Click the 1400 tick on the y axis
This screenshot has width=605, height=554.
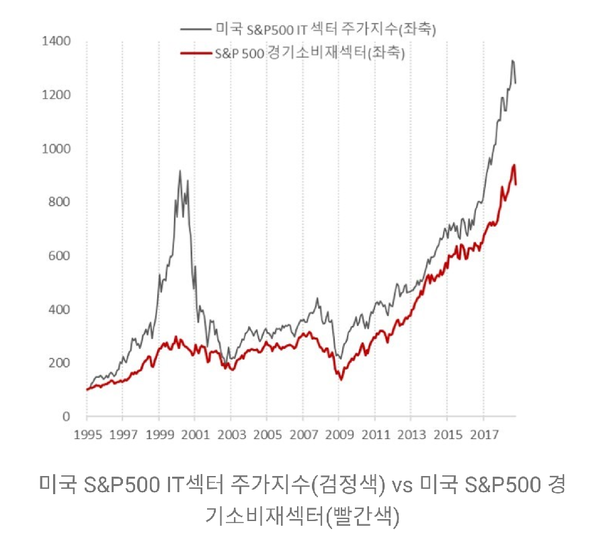[x=56, y=42]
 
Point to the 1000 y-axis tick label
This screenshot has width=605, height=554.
[x=56, y=149]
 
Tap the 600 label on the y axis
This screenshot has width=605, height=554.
[x=59, y=256]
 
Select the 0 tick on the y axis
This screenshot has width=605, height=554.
[x=66, y=417]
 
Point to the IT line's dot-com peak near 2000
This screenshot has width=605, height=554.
[x=179, y=171]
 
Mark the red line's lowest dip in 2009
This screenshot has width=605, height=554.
[x=341, y=379]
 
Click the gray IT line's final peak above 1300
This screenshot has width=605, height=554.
[x=512, y=61]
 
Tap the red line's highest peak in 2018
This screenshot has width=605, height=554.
[x=514, y=165]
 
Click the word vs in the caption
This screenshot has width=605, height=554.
[x=402, y=484]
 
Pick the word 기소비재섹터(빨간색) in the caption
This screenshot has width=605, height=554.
[x=302, y=516]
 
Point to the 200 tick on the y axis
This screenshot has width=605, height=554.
[x=59, y=363]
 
